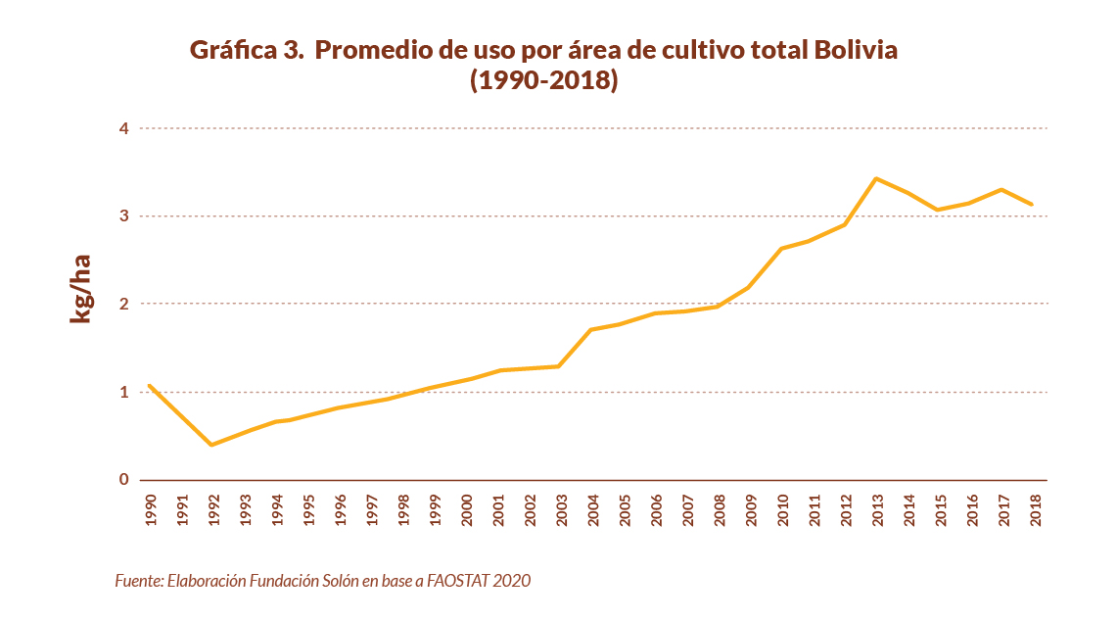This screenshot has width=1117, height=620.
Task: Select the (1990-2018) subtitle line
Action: tap(544, 80)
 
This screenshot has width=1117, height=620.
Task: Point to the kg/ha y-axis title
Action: tap(80, 288)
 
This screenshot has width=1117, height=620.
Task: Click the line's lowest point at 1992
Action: tap(211, 445)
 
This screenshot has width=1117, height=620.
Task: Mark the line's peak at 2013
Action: tap(875, 178)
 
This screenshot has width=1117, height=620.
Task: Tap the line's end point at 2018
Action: tap(1032, 204)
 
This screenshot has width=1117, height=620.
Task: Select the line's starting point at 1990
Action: tap(149, 386)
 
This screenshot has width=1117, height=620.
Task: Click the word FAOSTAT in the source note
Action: tap(458, 581)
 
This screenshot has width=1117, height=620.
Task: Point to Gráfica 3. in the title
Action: tap(248, 50)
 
